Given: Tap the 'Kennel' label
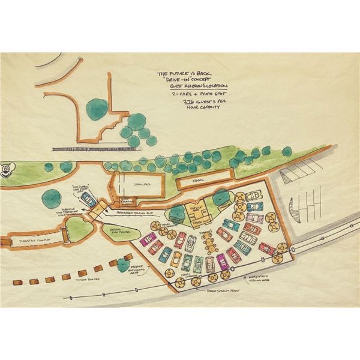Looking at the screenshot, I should click(x=200, y=179).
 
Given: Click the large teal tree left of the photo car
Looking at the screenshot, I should click(x=50, y=197).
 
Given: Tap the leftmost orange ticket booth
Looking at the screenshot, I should click(x=17, y=281).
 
